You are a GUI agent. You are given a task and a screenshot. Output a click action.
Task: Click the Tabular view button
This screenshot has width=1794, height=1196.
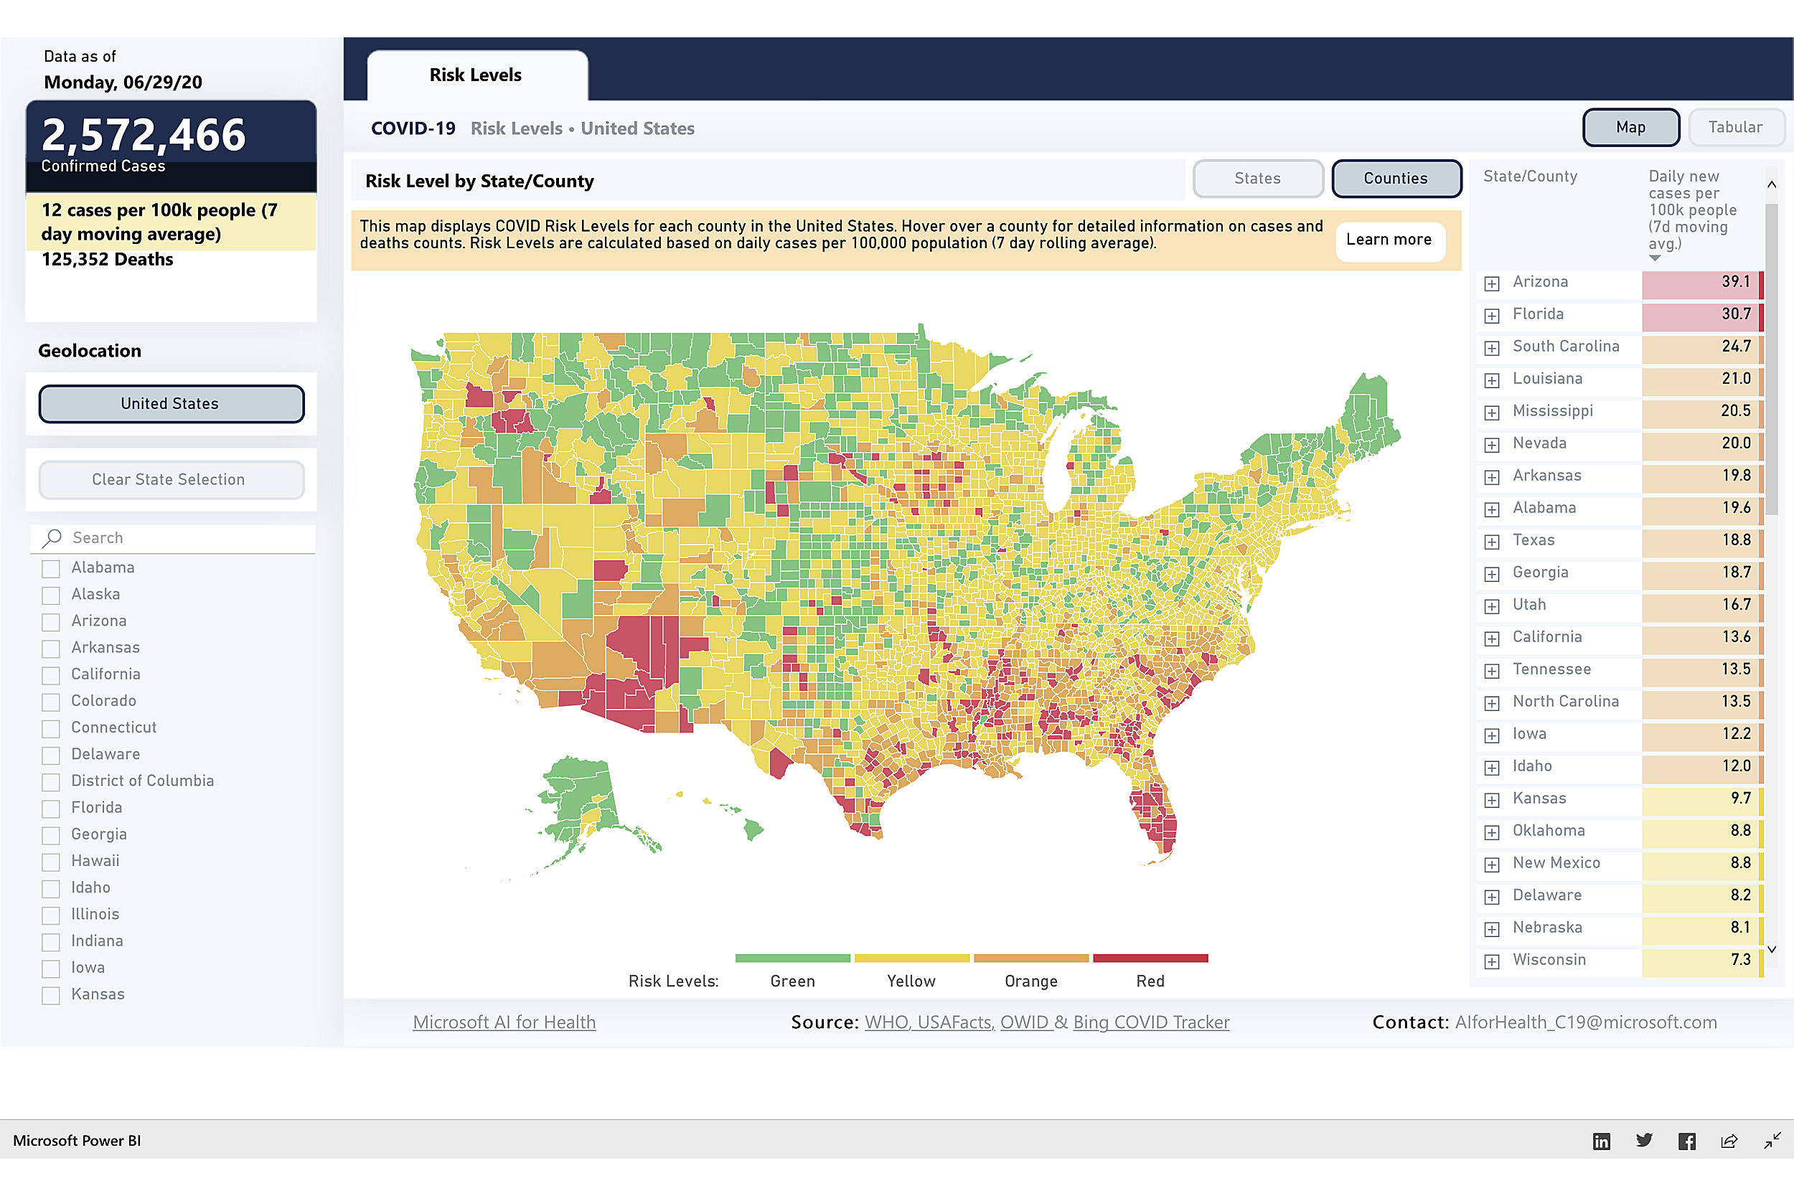coord(1735,128)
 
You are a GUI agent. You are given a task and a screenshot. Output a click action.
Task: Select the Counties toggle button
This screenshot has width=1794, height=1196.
coord(1396,179)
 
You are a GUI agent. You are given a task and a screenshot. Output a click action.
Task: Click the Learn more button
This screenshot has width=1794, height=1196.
coord(1389,240)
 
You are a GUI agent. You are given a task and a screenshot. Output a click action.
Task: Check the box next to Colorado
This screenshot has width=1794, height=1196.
coord(51,702)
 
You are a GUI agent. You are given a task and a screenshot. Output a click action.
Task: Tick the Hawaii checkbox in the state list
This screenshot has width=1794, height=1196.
coord(51,862)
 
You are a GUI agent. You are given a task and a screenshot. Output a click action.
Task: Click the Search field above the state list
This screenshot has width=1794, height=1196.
coord(183,539)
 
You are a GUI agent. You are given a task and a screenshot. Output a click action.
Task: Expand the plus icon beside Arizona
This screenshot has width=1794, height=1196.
coord(1492,283)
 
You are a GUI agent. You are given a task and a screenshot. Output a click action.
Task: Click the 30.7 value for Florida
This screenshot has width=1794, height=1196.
coord(1735,314)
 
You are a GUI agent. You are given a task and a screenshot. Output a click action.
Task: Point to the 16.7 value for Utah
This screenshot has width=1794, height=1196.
coord(1735,605)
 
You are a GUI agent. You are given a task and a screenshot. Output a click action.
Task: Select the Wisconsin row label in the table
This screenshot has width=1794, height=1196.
coord(1549,960)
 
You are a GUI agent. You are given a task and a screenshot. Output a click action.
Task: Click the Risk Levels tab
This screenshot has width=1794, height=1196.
coord(476,75)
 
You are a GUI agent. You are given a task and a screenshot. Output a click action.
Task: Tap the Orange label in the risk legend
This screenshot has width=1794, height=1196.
coord(1030,981)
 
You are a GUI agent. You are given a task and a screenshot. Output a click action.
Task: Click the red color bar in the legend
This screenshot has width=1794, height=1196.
coord(1150,958)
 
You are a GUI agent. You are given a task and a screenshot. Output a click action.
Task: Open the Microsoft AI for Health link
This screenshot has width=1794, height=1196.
coord(504,1023)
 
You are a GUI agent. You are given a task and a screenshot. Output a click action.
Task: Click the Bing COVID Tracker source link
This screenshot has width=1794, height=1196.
coord(1151,1023)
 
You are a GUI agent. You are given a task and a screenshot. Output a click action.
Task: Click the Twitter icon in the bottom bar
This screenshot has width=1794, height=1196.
coord(1644,1141)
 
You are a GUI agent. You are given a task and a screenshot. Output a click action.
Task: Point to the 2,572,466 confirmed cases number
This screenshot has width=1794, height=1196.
coord(144,135)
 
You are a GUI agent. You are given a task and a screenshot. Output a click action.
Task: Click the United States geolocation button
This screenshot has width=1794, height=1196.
coord(171,404)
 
